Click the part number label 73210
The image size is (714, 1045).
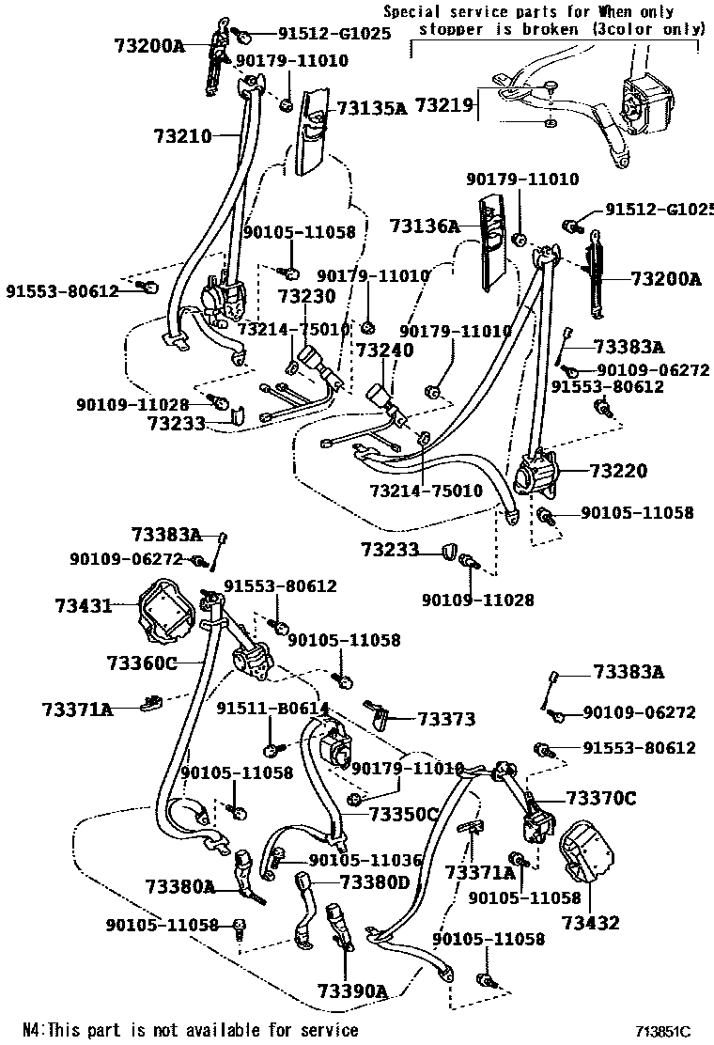182,136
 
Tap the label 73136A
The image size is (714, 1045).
425,226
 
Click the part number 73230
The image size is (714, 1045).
305,296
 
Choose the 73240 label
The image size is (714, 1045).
383,350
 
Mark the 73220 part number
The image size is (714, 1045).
617,470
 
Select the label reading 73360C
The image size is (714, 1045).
142,663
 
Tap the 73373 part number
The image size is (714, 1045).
446,719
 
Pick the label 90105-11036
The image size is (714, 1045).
359,860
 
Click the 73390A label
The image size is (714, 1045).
352,991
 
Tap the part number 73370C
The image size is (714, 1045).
600,799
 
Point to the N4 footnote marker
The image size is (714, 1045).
32,1030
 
